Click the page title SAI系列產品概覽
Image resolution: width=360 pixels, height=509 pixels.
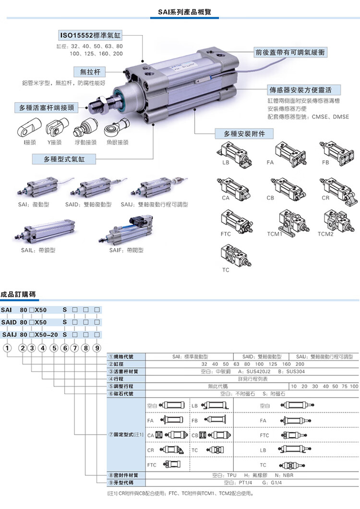[x=180, y=12]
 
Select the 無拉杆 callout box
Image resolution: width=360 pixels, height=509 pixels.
[x=90, y=72]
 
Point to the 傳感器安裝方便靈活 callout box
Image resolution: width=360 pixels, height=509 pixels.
[x=304, y=90]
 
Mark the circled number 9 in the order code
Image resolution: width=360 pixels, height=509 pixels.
[x=97, y=348]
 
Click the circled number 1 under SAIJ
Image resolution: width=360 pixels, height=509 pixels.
[x=8, y=348]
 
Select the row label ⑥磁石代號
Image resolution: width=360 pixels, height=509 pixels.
[x=121, y=393]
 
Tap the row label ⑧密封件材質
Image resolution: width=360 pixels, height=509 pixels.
[x=121, y=475]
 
